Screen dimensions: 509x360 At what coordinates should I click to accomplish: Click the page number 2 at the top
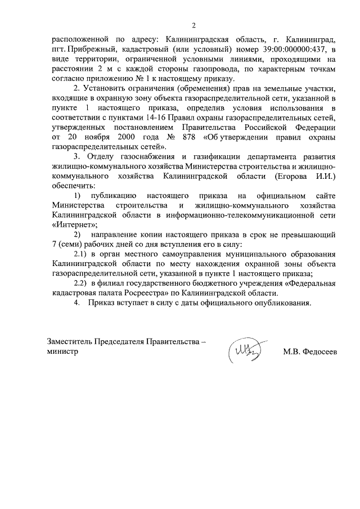(x=194, y=25)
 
